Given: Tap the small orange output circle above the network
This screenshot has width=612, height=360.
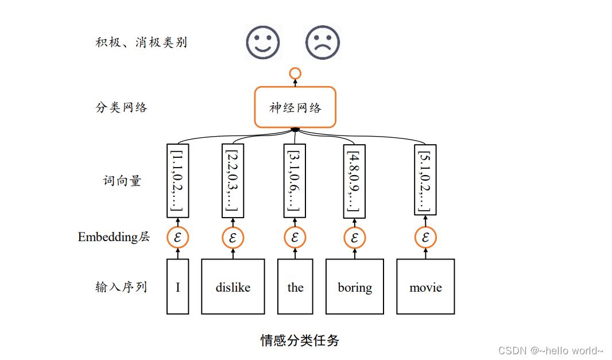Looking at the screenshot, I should [x=295, y=73].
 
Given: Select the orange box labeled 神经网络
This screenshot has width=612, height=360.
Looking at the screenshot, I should [x=295, y=107].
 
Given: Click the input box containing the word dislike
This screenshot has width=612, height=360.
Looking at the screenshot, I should [x=233, y=287].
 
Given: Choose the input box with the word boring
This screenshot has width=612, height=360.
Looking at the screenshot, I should [x=355, y=287].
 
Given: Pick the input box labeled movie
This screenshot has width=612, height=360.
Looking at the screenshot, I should [x=425, y=287].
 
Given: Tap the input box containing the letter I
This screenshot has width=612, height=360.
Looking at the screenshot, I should [x=178, y=287].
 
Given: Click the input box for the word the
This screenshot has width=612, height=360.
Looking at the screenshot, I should [x=295, y=287].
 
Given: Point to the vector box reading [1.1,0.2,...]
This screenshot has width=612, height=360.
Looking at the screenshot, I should [x=178, y=181].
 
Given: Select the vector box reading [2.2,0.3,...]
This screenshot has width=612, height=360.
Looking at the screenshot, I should [x=233, y=181].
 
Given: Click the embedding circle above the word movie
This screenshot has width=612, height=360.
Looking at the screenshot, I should [x=425, y=237].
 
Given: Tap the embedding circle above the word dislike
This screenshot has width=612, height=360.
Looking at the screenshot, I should [x=233, y=237].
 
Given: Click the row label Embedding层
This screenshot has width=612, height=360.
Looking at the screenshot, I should [x=114, y=237].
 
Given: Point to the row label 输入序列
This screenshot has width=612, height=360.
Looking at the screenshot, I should [x=121, y=287].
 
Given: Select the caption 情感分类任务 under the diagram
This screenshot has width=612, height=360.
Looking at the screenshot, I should [x=300, y=340].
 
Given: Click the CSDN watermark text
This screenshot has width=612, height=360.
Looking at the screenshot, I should [x=551, y=350].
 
